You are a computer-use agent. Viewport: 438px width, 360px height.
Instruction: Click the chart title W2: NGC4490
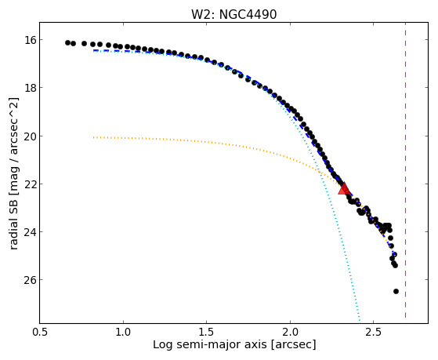click(x=233, y=14)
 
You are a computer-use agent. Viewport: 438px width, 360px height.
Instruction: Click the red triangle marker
click(x=344, y=189)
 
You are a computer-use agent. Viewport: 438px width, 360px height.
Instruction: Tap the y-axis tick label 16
click(x=31, y=40)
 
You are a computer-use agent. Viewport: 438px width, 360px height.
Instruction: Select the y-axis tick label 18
click(x=31, y=88)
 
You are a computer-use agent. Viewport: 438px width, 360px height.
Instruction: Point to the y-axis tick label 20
click(x=31, y=136)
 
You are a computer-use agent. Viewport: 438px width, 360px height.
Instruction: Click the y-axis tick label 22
click(x=31, y=184)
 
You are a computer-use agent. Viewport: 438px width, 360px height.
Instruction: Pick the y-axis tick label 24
click(x=31, y=232)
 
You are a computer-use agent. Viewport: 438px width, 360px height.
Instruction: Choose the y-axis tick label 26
click(x=31, y=280)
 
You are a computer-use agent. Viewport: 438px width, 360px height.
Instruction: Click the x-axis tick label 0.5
click(x=40, y=332)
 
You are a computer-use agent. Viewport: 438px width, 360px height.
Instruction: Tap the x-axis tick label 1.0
click(x=123, y=332)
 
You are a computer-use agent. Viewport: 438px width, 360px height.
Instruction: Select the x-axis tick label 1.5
click(x=206, y=332)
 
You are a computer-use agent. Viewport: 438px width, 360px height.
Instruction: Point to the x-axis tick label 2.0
click(x=290, y=332)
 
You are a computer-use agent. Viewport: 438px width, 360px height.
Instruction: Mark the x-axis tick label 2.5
click(x=374, y=332)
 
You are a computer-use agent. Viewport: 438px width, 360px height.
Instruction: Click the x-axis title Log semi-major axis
click(x=209, y=345)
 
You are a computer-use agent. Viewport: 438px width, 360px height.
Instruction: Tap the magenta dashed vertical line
click(x=405, y=170)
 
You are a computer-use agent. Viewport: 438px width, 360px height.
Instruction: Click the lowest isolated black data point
click(x=396, y=292)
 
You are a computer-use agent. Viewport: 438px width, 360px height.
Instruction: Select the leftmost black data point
click(x=67, y=43)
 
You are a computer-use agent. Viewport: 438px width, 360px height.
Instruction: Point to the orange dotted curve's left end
click(x=94, y=137)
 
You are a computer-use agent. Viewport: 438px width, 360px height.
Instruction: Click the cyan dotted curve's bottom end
click(x=360, y=320)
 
